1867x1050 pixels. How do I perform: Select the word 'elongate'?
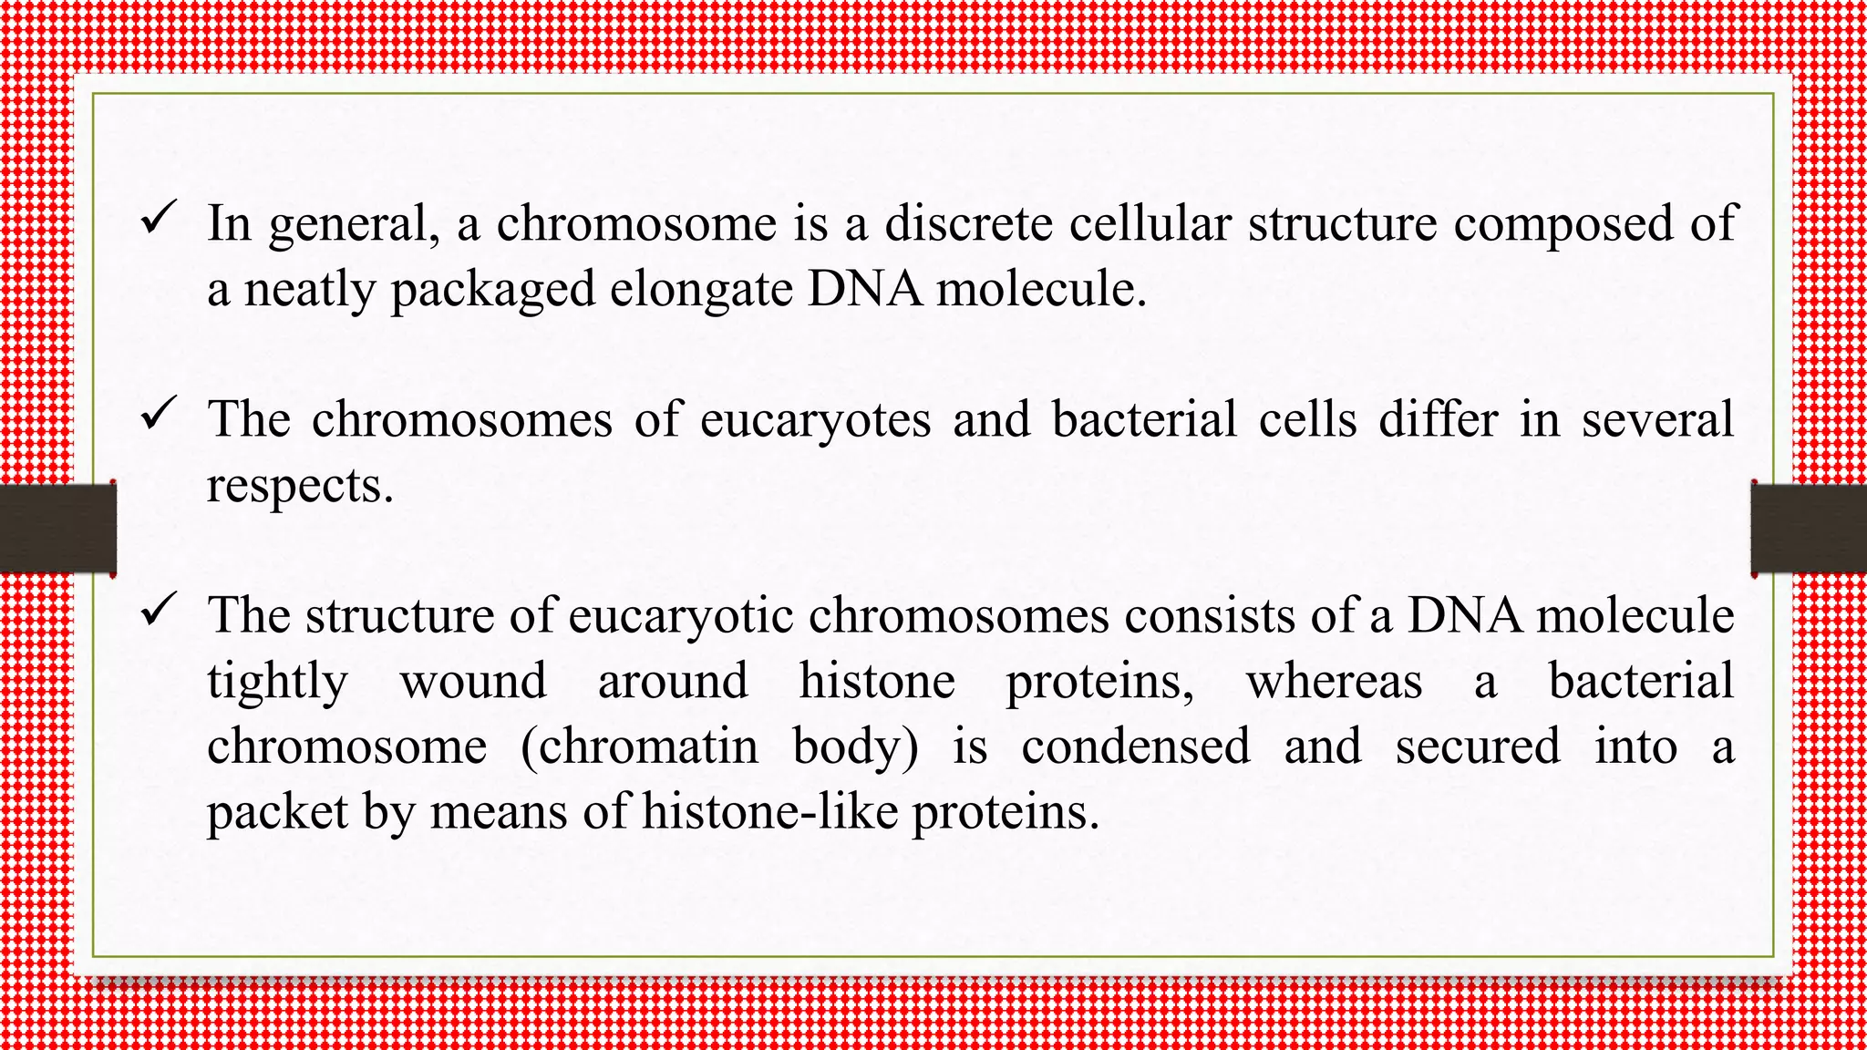(x=702, y=291)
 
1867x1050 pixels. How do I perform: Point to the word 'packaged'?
(x=492, y=291)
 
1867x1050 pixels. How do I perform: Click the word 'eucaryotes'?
(x=816, y=420)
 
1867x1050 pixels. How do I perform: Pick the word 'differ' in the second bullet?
(x=1438, y=420)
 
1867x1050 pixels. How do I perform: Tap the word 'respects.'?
(x=300, y=486)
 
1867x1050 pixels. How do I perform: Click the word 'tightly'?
(x=277, y=683)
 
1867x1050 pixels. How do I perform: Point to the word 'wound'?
(x=473, y=682)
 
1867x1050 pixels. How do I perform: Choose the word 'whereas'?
(x=1334, y=682)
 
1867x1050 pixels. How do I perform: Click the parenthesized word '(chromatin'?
(x=639, y=746)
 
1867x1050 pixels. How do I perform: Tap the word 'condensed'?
(x=1136, y=746)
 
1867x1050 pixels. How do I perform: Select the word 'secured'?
(x=1478, y=746)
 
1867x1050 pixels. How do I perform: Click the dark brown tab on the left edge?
(x=57, y=529)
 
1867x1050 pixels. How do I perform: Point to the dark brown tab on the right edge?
(x=1809, y=529)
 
